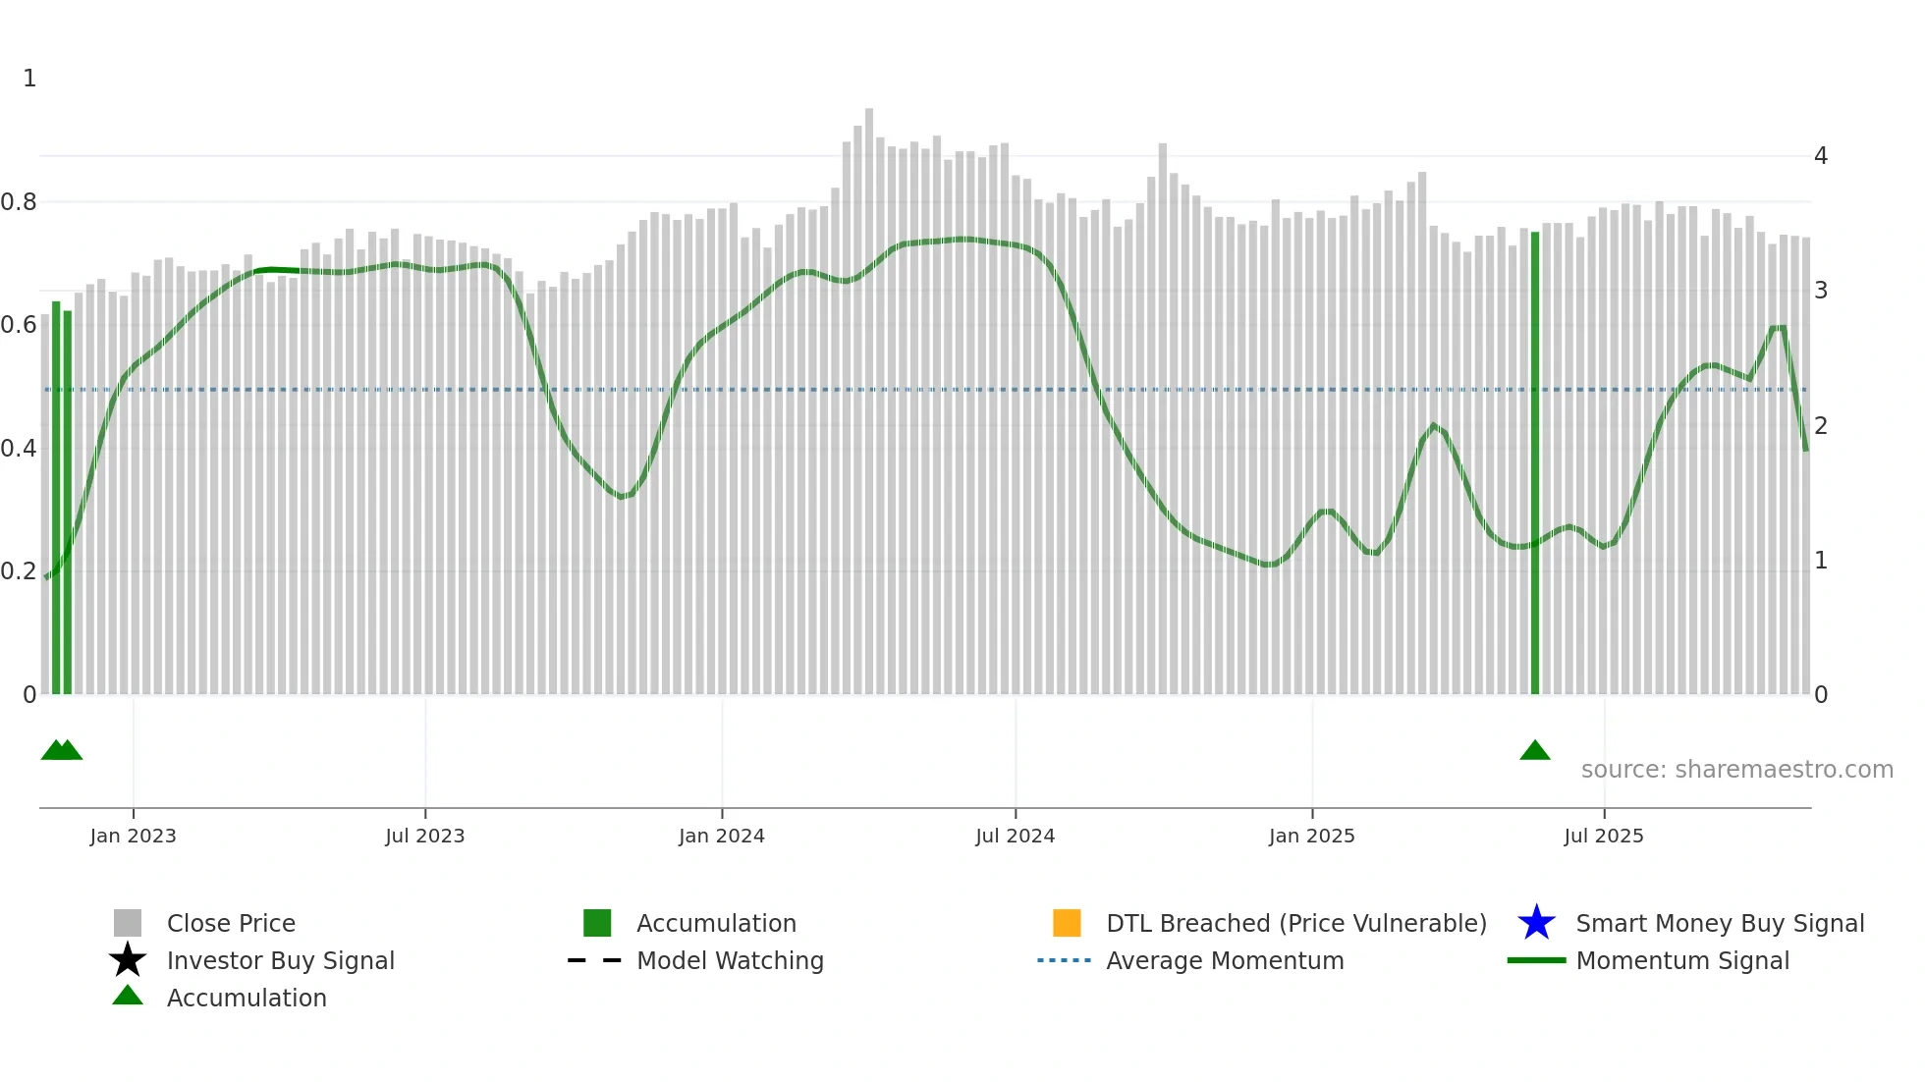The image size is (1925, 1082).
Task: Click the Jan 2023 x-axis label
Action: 133,836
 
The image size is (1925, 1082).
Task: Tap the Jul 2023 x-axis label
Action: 424,836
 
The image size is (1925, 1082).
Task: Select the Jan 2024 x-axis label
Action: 721,836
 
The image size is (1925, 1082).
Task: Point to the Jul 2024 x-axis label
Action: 1015,836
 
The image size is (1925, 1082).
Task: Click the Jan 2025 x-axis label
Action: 1311,836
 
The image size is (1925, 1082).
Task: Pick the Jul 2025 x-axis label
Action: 1603,836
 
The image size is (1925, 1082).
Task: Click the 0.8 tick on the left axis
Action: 19,202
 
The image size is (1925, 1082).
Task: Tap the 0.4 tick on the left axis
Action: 19,449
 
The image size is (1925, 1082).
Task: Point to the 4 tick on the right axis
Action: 1821,156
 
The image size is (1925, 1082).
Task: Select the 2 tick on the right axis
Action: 1821,426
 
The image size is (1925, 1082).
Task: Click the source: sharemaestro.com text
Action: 1736,770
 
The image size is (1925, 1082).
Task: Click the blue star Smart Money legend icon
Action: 1536,923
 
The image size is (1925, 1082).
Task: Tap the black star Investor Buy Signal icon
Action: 128,960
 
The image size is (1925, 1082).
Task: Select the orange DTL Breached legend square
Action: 1067,923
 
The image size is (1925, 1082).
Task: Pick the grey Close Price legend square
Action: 128,923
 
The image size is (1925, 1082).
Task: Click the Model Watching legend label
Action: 730,960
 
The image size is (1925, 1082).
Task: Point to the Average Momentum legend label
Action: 1225,960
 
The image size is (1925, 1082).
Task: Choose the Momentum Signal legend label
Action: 1682,960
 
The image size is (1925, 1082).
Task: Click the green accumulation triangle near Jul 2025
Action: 1535,751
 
